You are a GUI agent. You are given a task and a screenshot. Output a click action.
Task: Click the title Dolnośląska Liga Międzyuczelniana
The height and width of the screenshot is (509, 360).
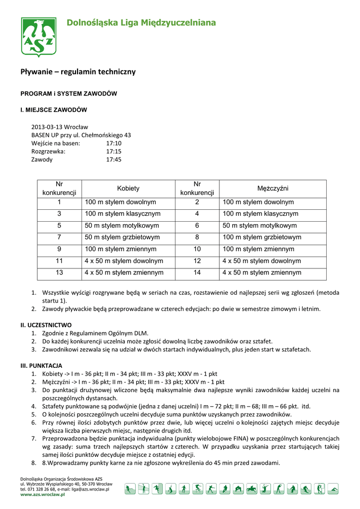click(141, 23)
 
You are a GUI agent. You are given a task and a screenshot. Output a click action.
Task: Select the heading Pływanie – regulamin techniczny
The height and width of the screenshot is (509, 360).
click(78, 72)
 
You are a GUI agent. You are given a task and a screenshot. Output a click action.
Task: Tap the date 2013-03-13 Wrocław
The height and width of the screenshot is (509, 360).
click(60, 127)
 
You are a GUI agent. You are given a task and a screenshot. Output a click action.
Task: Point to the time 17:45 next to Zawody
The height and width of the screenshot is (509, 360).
click(113, 160)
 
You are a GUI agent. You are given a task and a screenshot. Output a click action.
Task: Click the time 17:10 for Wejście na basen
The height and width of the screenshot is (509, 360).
click(113, 143)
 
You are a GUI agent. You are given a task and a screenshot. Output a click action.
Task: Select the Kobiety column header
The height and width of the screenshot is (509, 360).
click(128, 189)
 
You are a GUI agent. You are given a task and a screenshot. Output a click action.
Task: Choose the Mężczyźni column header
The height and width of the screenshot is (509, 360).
click(272, 189)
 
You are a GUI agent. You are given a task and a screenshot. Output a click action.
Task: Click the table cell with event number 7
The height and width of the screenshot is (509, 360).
click(59, 237)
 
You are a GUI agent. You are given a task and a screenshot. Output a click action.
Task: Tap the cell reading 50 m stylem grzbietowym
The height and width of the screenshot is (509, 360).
click(122, 237)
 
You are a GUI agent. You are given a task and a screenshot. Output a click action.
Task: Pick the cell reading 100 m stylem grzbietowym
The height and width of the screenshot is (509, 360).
click(262, 237)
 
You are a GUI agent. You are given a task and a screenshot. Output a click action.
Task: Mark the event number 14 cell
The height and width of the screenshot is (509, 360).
click(197, 272)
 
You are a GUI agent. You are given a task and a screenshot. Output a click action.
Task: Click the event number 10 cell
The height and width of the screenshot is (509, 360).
click(197, 249)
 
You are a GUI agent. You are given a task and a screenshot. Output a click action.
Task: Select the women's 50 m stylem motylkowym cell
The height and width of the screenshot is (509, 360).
click(121, 226)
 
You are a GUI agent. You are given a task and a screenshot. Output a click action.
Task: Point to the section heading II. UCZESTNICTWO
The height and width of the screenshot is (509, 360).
click(46, 325)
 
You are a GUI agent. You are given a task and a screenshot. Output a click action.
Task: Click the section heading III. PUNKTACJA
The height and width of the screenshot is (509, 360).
click(41, 365)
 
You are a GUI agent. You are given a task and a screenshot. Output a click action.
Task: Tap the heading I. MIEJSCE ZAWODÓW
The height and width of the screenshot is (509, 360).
click(54, 110)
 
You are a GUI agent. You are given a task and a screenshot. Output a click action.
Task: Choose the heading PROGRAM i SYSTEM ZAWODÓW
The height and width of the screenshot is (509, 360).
click(69, 93)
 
